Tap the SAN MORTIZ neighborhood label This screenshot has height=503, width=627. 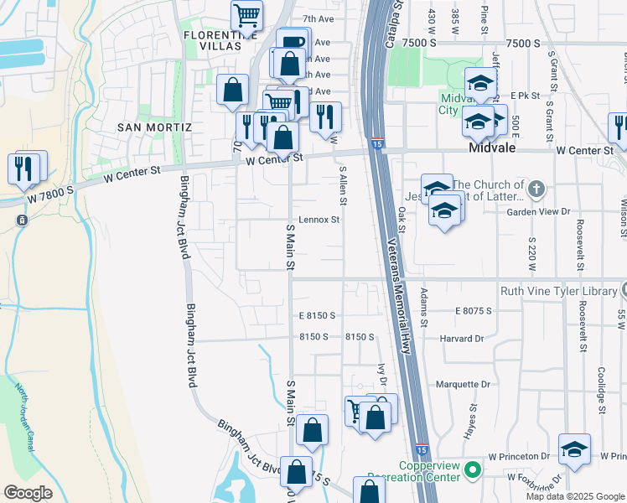coord(154,127)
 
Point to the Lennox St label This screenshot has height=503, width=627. coord(319,220)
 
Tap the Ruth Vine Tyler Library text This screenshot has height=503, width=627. coord(559,291)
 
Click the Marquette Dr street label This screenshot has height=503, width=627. coord(463,384)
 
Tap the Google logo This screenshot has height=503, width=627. coord(28,492)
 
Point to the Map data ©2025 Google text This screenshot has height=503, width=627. coord(575,496)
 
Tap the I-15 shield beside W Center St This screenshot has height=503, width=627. coord(377,144)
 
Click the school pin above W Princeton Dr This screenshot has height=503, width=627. coord(574,449)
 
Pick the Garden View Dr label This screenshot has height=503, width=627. coord(538,212)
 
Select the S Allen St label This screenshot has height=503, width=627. coord(343,186)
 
